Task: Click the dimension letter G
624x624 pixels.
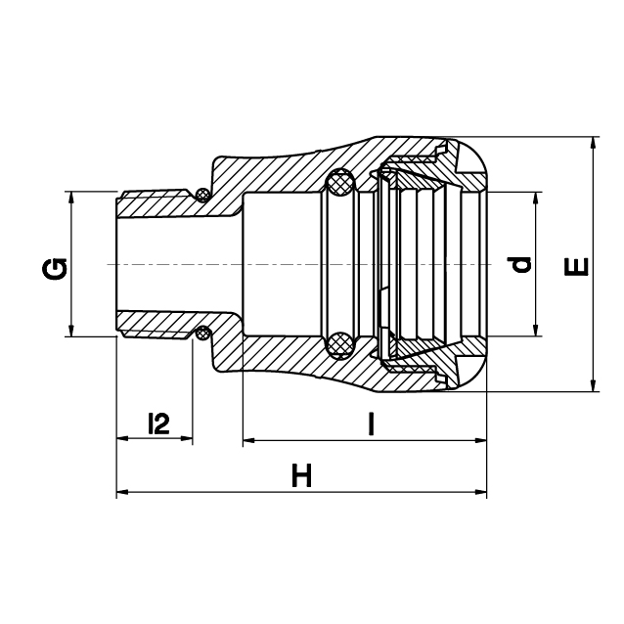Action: pos(55,269)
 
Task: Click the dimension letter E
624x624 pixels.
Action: pos(576,267)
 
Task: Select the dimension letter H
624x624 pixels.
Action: pos(301,474)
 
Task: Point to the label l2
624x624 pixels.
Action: pos(158,423)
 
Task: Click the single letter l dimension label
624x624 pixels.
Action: pos(371,423)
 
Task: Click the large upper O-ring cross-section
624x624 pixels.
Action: pos(339,182)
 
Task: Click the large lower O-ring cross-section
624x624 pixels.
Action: pos(339,346)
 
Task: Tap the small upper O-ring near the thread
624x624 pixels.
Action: pos(203,195)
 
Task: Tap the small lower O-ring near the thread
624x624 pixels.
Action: pos(203,334)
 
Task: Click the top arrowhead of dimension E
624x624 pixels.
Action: pos(593,143)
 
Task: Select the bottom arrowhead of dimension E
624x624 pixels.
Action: pos(593,385)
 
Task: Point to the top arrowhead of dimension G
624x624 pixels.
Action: pos(71,198)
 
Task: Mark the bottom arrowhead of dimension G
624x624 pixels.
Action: pos(71,331)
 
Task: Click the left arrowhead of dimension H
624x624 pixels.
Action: pos(122,492)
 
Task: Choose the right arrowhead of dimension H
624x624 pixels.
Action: pos(481,492)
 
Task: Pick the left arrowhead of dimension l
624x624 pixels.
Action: pos(249,440)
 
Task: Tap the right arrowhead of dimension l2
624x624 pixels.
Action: pos(186,438)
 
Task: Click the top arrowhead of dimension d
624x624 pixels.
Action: pos(536,199)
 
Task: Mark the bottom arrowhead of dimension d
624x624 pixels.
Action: pos(536,330)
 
